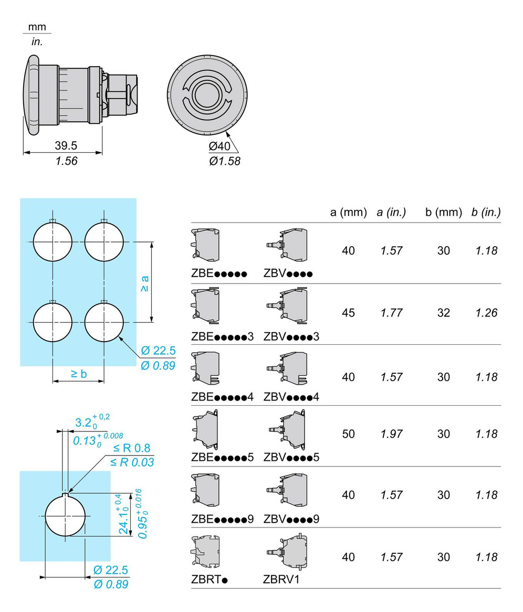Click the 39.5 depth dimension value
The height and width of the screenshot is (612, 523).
pos(66,145)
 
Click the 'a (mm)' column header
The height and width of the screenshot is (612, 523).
pos(348,213)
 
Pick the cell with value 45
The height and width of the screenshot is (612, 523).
pos(348,313)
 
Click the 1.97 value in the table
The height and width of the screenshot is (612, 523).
pos(392,434)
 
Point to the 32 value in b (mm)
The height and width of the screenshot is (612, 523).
pos(444,313)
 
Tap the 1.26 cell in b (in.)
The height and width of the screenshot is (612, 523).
pos(486,313)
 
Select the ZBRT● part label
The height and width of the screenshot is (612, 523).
pos(211,580)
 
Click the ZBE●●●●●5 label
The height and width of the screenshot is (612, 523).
pos(223,457)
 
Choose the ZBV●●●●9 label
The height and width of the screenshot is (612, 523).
pos(291,519)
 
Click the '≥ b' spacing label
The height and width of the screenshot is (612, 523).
pos(78,374)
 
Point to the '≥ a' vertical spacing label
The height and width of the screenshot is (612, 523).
pos(144,284)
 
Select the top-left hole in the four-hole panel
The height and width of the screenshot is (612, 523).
pos(53,242)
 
